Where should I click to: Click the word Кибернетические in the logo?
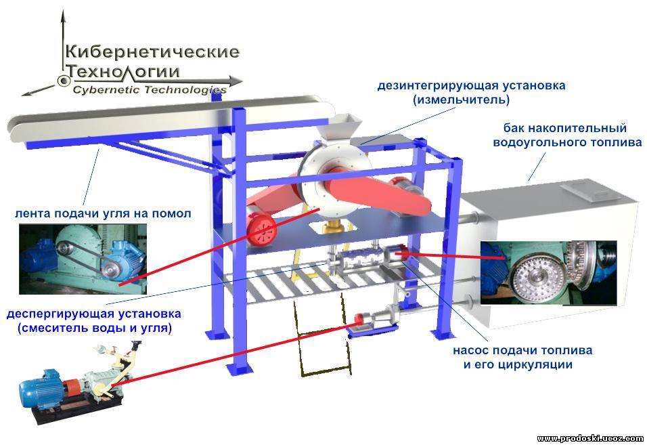pos(152,51)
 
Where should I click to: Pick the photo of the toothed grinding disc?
pos(548,271)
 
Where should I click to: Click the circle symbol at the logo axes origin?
pos(65,81)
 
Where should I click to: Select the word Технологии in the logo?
pos(123,71)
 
